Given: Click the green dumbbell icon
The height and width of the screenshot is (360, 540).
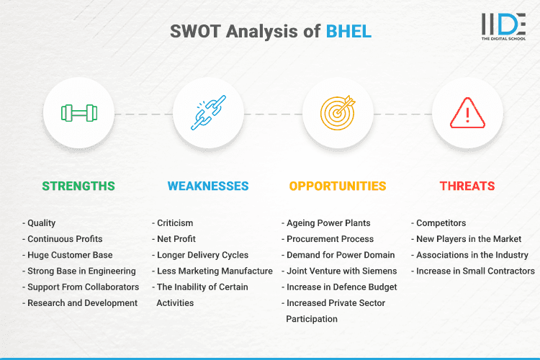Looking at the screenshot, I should pyautogui.click(x=78, y=113).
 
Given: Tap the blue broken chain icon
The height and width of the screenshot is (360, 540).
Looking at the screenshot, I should pyautogui.click(x=208, y=113).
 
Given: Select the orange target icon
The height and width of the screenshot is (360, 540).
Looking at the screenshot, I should pyautogui.click(x=338, y=113).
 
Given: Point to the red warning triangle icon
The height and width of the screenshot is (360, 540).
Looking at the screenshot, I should pyautogui.click(x=467, y=113).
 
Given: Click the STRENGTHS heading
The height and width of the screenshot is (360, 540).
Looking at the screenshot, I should pyautogui.click(x=78, y=186).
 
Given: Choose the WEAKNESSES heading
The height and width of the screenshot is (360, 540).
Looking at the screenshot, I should pyautogui.click(x=208, y=186).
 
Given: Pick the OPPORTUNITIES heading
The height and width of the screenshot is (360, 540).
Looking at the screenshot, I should pyautogui.click(x=338, y=186).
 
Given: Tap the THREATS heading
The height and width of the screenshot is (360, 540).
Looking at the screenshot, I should pyautogui.click(x=467, y=186).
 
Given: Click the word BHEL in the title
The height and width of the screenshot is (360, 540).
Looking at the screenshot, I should pyautogui.click(x=349, y=32).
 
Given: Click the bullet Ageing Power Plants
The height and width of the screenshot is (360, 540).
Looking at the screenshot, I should pyautogui.click(x=330, y=223).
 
